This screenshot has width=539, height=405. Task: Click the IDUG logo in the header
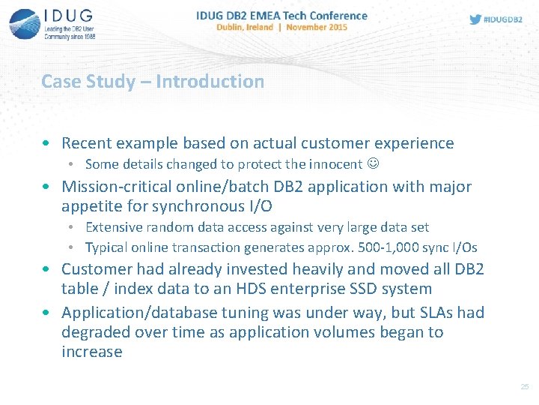click(x=52, y=23)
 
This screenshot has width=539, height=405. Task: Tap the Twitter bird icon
click(x=475, y=19)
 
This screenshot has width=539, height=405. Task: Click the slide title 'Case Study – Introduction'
click(x=153, y=81)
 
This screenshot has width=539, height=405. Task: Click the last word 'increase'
click(x=91, y=352)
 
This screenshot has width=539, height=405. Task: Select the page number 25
click(x=524, y=387)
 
